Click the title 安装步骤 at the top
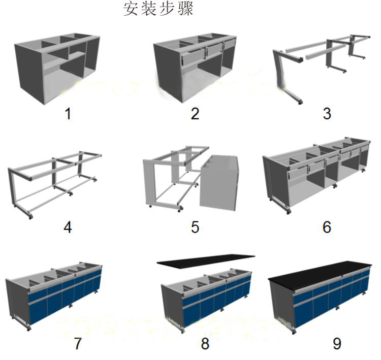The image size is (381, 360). [x=158, y=9]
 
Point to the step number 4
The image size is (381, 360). [x=68, y=227]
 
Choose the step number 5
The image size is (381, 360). [x=195, y=227]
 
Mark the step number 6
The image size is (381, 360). [x=327, y=227]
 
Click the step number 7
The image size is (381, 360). [x=78, y=344]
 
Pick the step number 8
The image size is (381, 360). [x=205, y=344]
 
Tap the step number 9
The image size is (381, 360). [x=337, y=344]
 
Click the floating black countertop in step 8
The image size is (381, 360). [x=206, y=260]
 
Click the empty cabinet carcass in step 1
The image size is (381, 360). [x=56, y=66]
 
